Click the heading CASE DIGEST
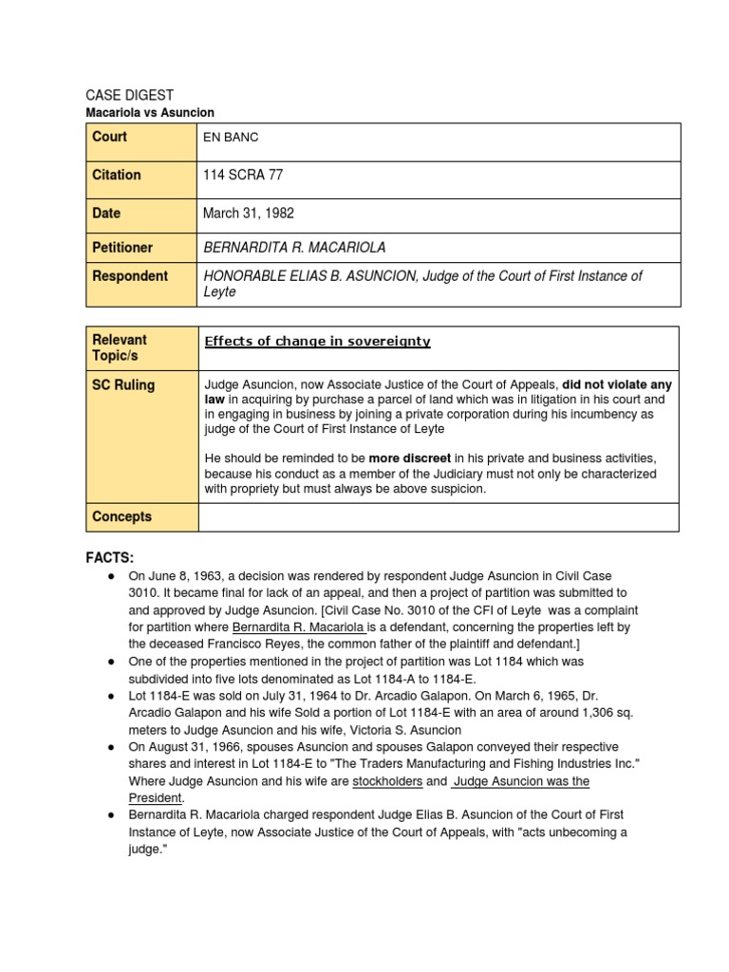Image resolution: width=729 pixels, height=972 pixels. coord(130,95)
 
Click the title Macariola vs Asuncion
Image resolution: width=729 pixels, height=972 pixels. coord(150,112)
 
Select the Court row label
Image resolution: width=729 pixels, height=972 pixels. coord(109,137)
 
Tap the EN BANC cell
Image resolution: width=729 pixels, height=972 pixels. coord(231,138)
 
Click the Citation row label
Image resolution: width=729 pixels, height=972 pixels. coord(116,175)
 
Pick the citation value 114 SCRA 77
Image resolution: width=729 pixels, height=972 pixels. coord(243,176)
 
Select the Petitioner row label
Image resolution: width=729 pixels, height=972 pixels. coord(121,248)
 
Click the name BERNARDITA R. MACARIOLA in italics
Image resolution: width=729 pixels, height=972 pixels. coord(295,248)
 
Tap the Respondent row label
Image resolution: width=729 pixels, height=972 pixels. coord(129,276)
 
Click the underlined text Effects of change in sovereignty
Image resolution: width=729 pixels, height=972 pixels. coord(317,342)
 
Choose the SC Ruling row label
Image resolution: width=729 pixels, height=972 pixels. coord(123,385)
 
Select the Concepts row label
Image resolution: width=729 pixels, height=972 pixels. coord(121,517)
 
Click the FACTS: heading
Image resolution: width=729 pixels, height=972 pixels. coord(110,557)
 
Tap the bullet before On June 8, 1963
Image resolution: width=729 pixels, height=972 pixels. coord(111,576)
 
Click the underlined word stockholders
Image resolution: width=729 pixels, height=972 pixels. coord(387,781)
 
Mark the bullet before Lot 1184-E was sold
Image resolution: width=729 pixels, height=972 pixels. coord(111,696)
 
